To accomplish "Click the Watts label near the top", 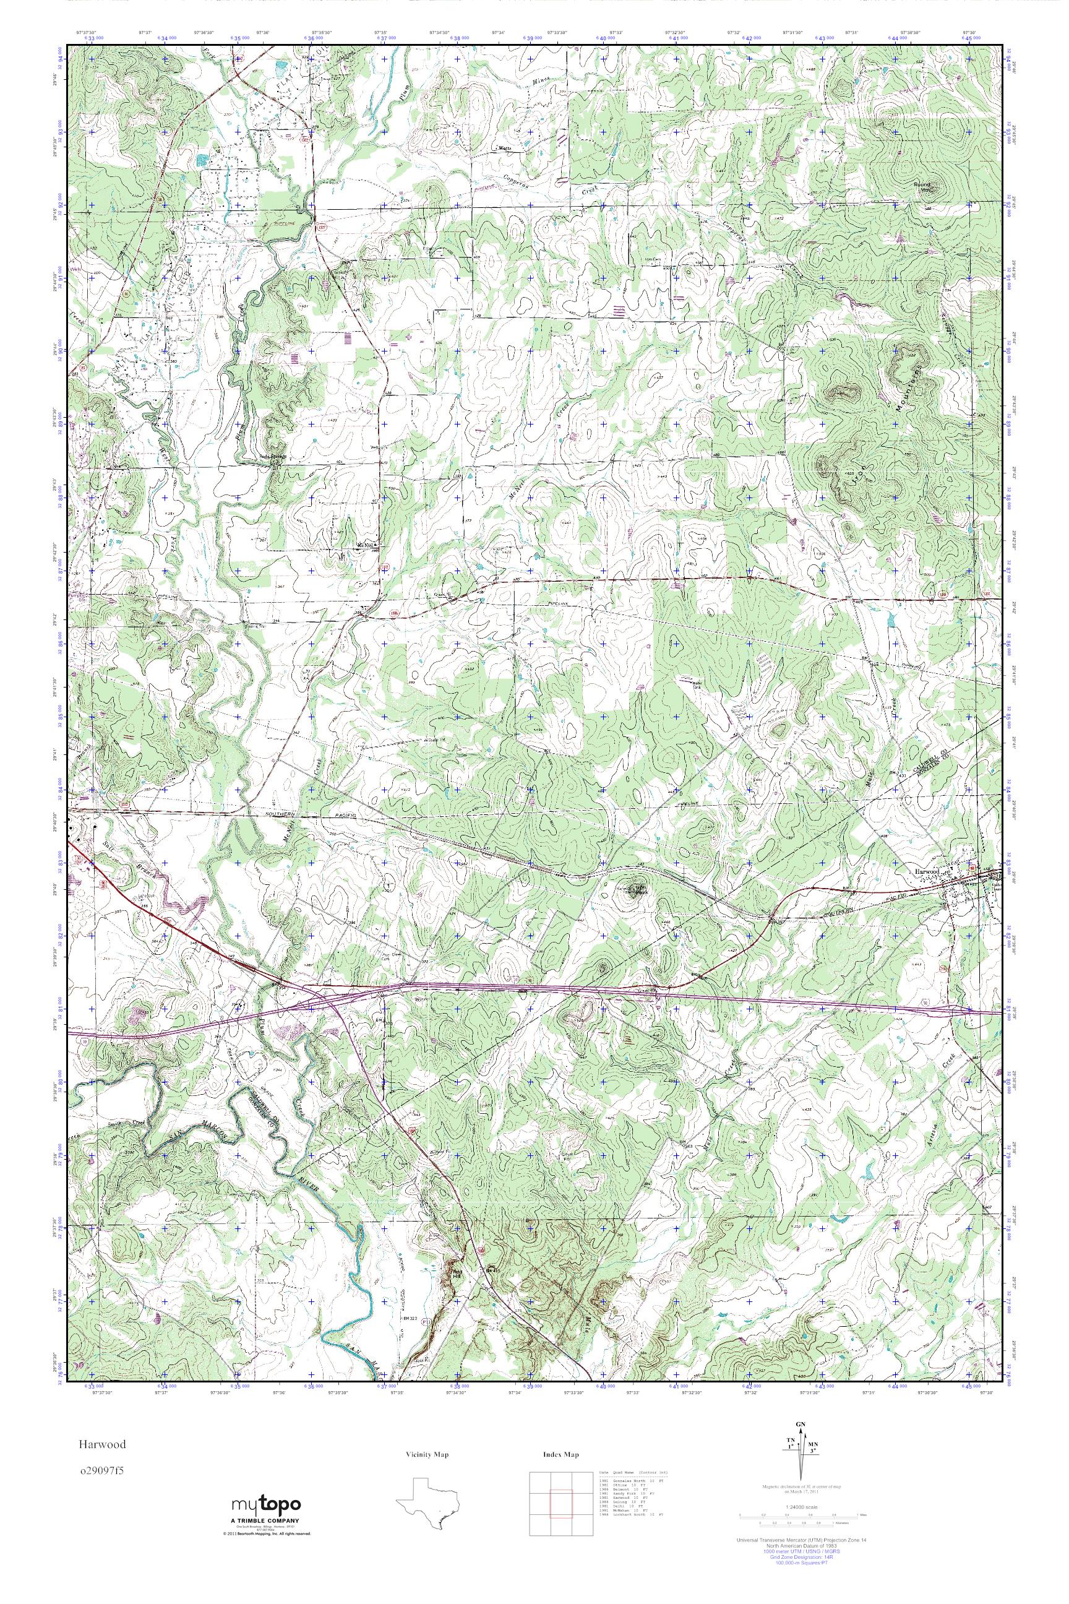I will pos(505,147).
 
